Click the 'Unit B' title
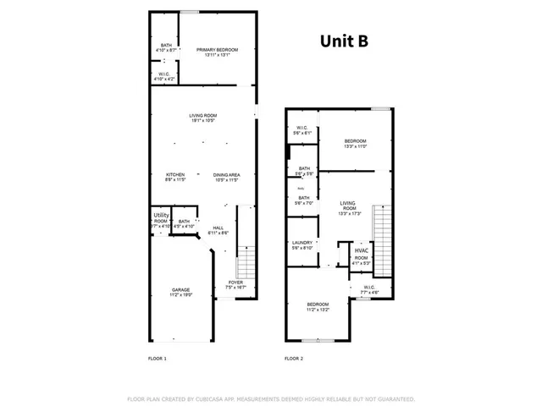click(x=343, y=40)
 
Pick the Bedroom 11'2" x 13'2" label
click(x=318, y=307)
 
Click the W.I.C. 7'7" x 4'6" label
click(x=369, y=289)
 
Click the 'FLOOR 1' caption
click(x=158, y=359)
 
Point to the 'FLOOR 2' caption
click(x=294, y=359)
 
